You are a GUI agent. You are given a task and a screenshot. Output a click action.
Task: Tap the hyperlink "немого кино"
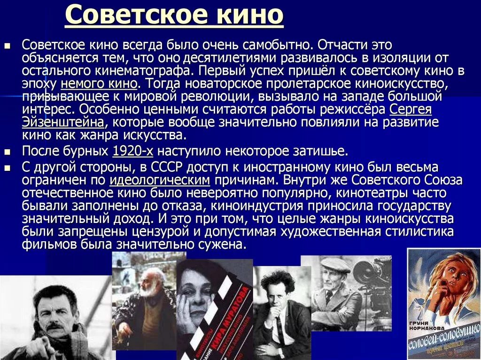99,84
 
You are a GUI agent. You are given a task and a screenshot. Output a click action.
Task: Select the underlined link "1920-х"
133,152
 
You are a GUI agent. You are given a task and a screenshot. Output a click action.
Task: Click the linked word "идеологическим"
160,181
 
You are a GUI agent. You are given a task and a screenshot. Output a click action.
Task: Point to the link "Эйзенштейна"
63,123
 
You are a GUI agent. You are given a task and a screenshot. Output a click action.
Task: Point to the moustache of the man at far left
56,325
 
